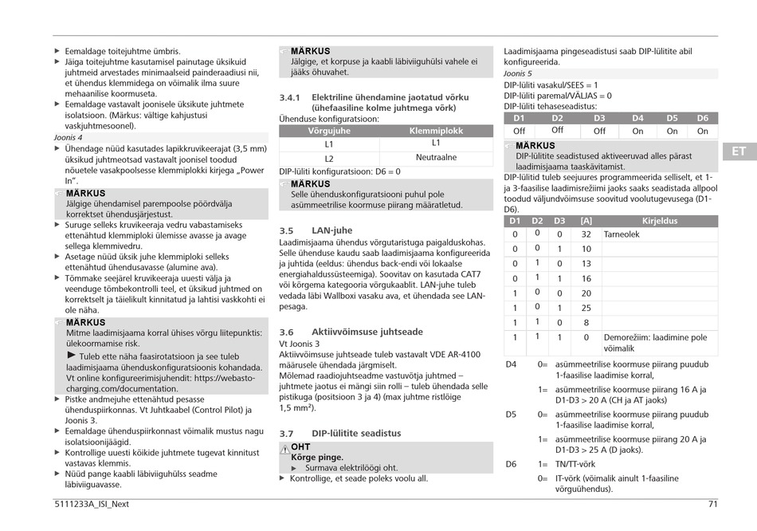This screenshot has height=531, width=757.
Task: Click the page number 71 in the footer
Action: (x=712, y=504)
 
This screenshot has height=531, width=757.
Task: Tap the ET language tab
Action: (x=739, y=151)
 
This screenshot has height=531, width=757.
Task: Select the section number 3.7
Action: (x=287, y=434)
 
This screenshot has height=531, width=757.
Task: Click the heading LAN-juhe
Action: (x=331, y=230)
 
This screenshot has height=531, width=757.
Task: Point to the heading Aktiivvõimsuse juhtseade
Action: (x=367, y=332)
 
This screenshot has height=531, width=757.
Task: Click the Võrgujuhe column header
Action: (x=329, y=131)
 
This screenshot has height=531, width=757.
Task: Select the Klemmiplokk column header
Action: (x=436, y=131)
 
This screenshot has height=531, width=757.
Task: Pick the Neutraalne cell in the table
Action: (x=436, y=158)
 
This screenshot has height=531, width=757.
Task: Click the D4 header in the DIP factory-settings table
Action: (x=637, y=118)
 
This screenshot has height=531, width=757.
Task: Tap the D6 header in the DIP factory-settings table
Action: (x=702, y=118)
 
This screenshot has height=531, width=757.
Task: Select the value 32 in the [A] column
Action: (x=586, y=234)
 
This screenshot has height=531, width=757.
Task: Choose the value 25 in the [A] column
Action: (x=586, y=308)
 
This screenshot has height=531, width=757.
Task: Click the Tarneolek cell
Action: (x=622, y=234)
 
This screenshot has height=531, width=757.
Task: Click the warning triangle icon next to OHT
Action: (x=284, y=447)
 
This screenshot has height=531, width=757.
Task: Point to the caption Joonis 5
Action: (x=518, y=73)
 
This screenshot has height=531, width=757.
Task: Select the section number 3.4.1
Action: (x=289, y=97)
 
